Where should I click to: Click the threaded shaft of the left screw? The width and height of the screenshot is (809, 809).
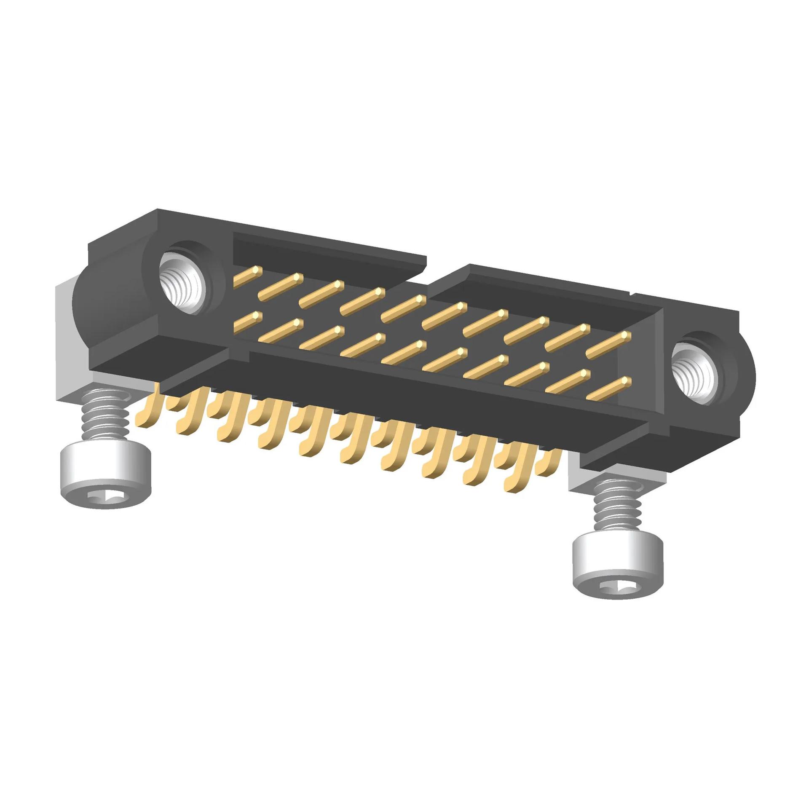(104, 415)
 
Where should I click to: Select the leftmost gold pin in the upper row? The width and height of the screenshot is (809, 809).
(247, 277)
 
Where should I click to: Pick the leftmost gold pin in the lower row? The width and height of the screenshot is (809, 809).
(247, 322)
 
